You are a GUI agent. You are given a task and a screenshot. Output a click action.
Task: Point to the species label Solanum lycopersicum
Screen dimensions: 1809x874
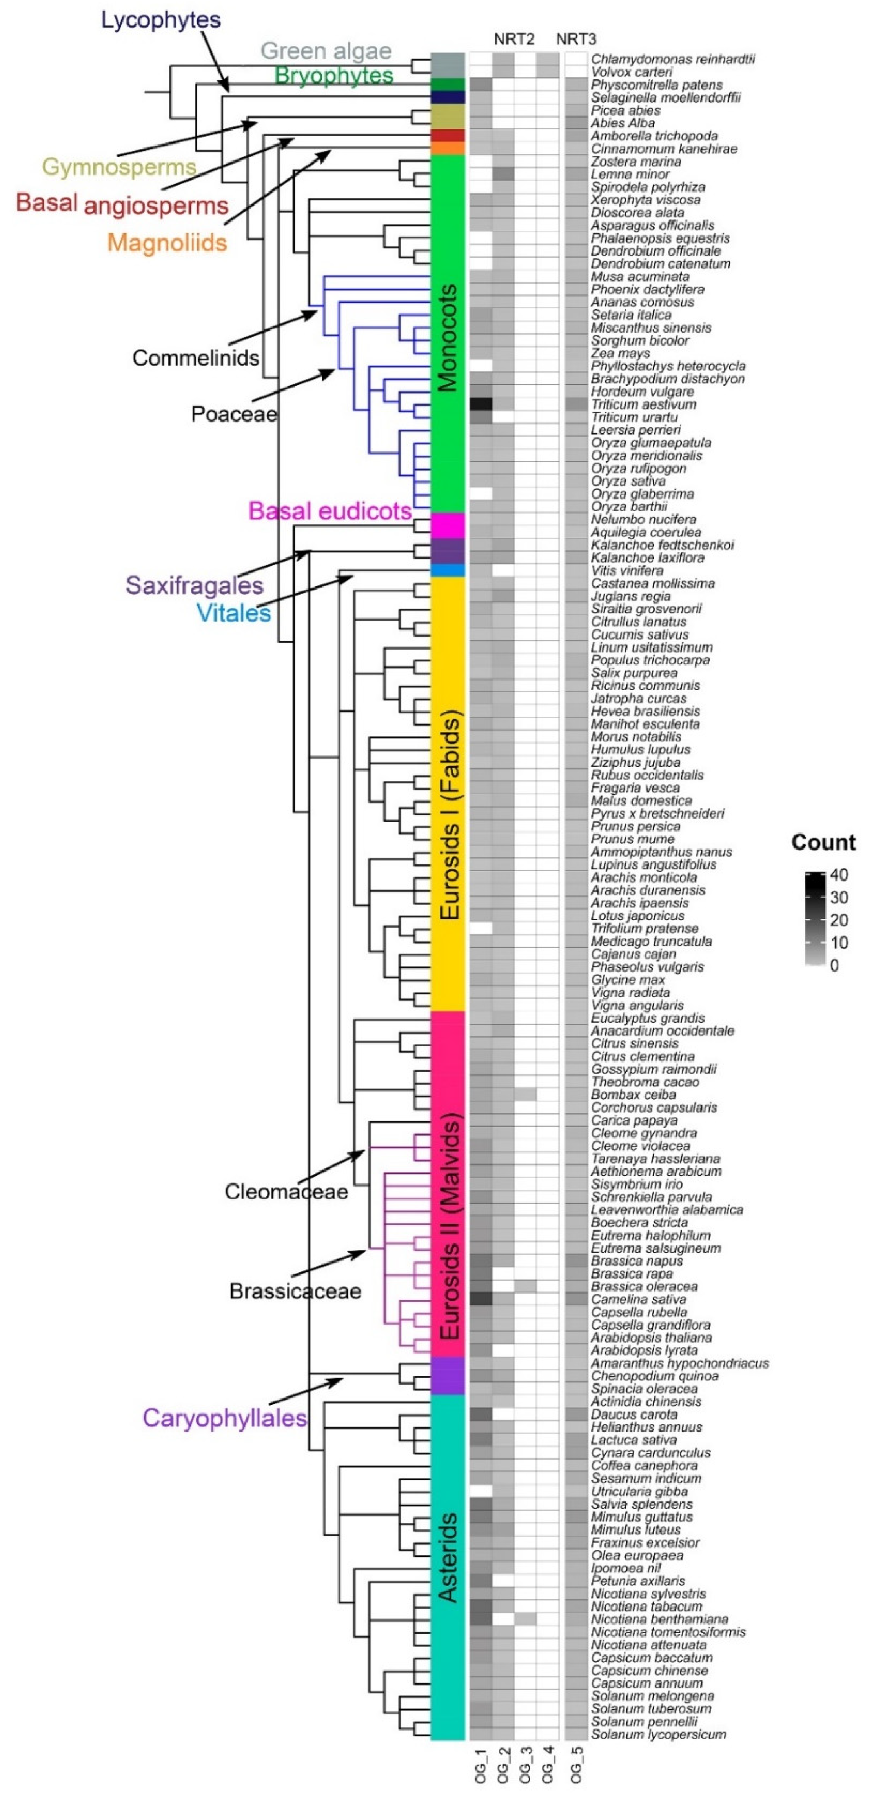click(658, 1734)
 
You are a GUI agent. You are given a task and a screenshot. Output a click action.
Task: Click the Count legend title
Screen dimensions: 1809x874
click(823, 843)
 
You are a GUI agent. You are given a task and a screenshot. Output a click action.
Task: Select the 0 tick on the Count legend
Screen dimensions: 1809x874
click(835, 966)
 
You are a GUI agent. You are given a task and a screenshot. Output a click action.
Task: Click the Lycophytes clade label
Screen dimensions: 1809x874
click(161, 20)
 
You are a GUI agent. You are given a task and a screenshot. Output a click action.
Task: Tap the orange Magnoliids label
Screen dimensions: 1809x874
click(167, 243)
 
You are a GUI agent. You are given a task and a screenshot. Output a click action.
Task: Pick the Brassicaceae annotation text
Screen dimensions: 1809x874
click(295, 1291)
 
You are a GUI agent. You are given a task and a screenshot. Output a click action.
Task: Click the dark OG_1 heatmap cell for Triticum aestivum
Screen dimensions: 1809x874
click(481, 404)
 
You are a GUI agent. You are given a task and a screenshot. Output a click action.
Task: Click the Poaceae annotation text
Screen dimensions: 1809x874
click(234, 414)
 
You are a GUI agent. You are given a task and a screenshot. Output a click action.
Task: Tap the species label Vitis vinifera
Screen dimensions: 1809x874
click(627, 570)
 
